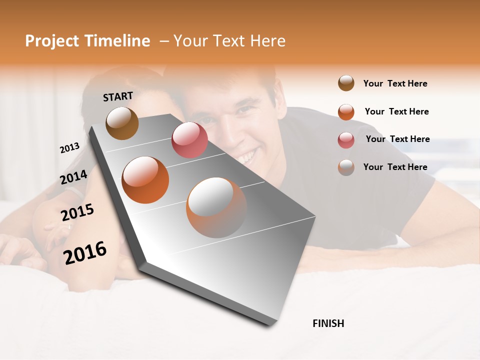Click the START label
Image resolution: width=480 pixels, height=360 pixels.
click(118, 96)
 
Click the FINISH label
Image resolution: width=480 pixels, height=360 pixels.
click(328, 323)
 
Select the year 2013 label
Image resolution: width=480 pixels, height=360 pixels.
click(69, 148)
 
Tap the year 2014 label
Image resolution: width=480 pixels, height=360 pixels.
click(74, 177)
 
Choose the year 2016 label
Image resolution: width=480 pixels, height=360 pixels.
click(85, 253)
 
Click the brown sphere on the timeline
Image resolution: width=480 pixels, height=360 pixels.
click(122, 123)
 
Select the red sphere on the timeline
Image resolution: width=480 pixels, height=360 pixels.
click(189, 140)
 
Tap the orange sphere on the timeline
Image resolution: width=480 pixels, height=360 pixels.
click(145, 180)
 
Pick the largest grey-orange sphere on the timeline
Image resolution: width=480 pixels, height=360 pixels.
click(216, 207)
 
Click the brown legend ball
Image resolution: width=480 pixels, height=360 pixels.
click(346, 83)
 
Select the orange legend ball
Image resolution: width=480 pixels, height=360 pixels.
click(346, 111)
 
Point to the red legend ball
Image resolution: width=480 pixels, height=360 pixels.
click(346, 139)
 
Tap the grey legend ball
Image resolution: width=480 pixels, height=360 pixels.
click(346, 167)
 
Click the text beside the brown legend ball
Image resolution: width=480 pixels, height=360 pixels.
click(395, 83)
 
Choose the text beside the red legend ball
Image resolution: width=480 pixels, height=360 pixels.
click(397, 139)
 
